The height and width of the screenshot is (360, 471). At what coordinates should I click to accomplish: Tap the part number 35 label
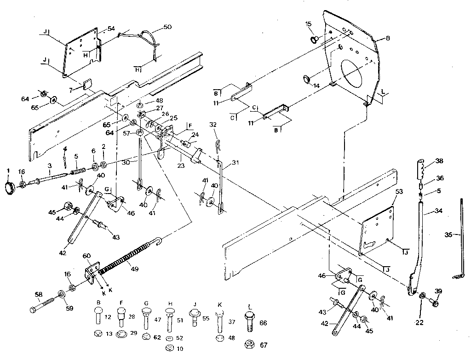[x=448, y=234]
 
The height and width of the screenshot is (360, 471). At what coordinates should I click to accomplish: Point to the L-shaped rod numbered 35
[x=461, y=239]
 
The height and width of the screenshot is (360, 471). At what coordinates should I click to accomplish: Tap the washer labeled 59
[x=61, y=294]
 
